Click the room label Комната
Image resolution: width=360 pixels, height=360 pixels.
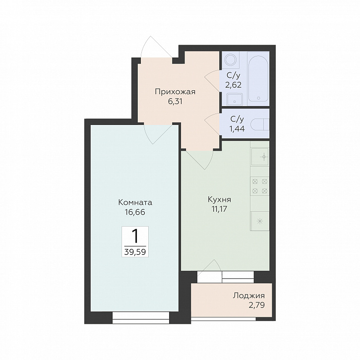pos(135,202)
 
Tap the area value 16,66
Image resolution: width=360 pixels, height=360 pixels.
pos(135,212)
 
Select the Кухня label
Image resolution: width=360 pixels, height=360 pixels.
pos(219,200)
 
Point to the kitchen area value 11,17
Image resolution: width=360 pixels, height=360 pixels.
pos(220,209)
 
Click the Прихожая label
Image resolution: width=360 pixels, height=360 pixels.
pos(175,92)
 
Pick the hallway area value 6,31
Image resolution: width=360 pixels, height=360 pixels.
pos(175,101)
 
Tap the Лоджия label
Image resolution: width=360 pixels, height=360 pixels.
pos(248,296)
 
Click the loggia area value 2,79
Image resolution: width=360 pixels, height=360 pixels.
pos(257,305)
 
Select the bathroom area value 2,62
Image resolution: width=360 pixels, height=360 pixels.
pos(233,85)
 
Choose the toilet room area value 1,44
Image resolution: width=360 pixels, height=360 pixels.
pos(237,129)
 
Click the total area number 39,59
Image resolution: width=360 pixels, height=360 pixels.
pos(135,252)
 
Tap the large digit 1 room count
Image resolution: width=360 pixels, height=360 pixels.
pos(135,236)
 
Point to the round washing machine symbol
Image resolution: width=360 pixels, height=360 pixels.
pos(231,60)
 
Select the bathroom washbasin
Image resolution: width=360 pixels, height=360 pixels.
pos(235,99)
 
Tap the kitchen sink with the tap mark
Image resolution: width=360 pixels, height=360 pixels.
pos(260,157)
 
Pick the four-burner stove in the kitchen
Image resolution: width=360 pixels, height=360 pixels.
pos(260,186)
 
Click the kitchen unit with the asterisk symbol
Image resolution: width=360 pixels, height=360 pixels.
pos(260,221)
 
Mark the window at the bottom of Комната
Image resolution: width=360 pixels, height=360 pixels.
pos(141,317)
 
